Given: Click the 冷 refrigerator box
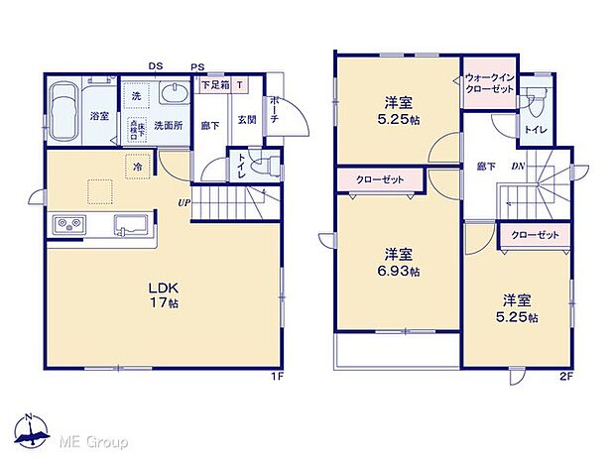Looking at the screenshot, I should click(x=136, y=169).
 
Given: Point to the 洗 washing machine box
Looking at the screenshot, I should click(x=136, y=96).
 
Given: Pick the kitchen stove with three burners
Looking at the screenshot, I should click(x=69, y=226).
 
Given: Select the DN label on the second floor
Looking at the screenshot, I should click(x=517, y=168).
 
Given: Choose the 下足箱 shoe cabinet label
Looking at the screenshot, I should click(x=215, y=85).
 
